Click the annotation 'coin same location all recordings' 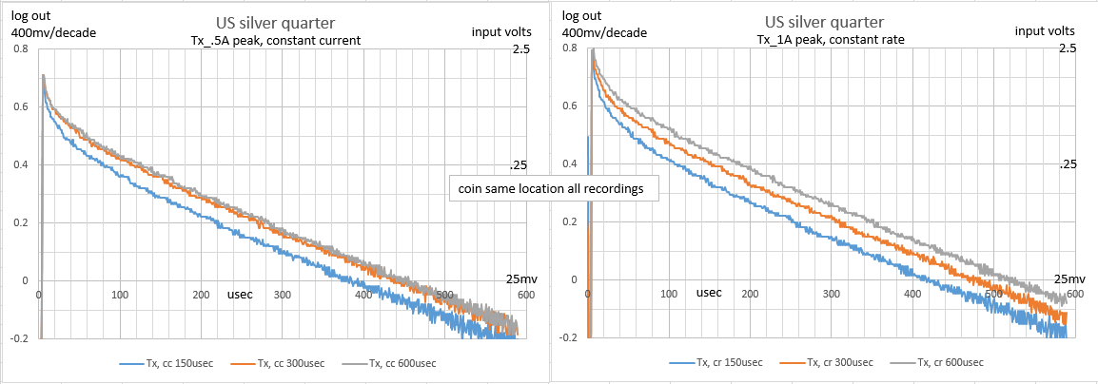[550, 188]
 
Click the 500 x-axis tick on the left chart [445, 295]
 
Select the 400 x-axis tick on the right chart [912, 295]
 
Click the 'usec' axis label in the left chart [241, 295]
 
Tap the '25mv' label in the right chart [1070, 278]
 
